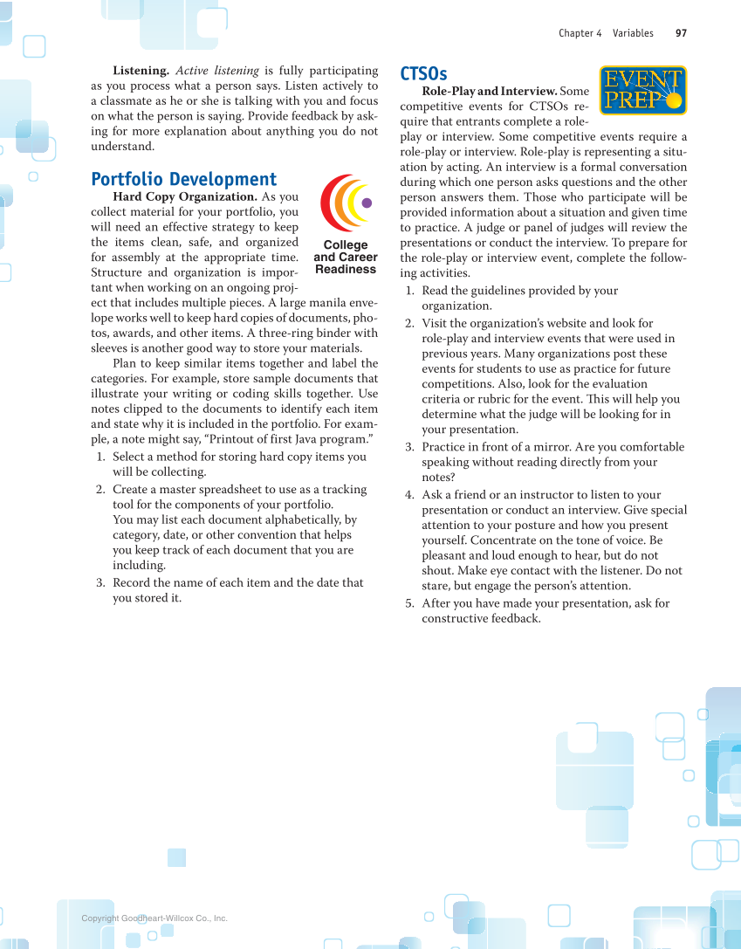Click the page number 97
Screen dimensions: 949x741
[681, 33]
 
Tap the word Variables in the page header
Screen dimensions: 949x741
[633, 33]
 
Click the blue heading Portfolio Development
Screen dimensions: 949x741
[184, 179]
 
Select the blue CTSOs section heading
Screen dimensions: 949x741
[423, 73]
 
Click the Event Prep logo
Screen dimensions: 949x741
[642, 91]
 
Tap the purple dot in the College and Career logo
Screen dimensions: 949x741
[367, 203]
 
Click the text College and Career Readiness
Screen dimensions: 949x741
[346, 258]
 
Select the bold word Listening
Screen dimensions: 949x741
[141, 71]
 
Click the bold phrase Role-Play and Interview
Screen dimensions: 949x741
[489, 91]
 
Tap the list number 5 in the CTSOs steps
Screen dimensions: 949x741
[409, 603]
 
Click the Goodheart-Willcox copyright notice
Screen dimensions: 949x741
[154, 918]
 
